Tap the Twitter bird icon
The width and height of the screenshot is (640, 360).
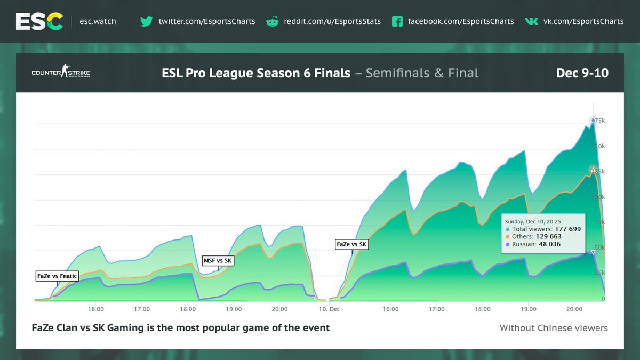tap(147, 21)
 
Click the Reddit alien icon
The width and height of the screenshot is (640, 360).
tap(273, 21)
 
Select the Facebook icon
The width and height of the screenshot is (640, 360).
tap(397, 21)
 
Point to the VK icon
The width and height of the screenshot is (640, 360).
tap(531, 21)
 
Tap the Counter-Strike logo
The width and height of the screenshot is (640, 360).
tap(61, 73)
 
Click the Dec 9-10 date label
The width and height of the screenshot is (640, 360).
tap(582, 73)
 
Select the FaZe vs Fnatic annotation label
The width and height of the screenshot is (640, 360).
tap(57, 276)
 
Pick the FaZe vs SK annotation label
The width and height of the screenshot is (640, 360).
tap(351, 244)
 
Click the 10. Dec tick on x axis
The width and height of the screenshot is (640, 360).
tap(329, 309)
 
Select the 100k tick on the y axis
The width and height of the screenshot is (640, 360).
tap(599, 197)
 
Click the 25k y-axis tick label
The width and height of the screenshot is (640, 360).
tap(600, 273)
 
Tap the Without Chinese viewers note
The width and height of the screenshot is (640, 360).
tap(554, 328)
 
